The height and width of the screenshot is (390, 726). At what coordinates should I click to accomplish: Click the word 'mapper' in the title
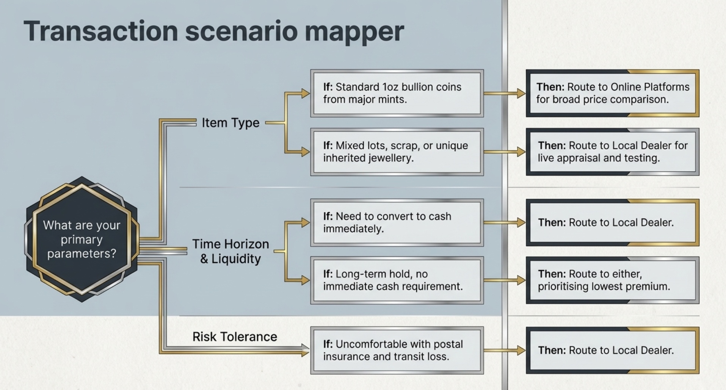[x=354, y=32]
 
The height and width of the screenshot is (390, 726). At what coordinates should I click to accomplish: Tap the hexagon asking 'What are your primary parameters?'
[x=82, y=239]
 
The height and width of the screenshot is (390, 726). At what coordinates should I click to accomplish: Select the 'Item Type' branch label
[x=231, y=123]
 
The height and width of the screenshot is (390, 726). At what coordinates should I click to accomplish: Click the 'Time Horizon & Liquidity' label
[x=231, y=251]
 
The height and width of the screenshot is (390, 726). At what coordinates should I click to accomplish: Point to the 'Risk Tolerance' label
[x=235, y=337]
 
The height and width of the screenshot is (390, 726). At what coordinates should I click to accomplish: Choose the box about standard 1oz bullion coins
[x=397, y=93]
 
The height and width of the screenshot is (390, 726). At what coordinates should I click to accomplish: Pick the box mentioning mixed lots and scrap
[x=397, y=152]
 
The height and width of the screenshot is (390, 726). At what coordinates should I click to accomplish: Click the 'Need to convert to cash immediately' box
[x=397, y=222]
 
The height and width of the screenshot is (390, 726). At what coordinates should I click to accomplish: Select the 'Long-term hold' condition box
[x=397, y=280]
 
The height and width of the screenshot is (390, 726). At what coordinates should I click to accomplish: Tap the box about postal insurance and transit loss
[x=397, y=350]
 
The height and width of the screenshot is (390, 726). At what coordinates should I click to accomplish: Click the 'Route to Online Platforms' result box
[x=612, y=93]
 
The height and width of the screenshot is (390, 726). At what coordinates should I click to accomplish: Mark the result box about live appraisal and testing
[x=612, y=152]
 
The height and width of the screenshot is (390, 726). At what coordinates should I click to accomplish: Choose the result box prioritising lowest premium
[x=612, y=280]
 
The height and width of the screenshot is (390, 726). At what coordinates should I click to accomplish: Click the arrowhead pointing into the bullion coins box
[x=306, y=93]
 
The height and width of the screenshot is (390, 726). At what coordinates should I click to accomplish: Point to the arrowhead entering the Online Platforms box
[x=521, y=93]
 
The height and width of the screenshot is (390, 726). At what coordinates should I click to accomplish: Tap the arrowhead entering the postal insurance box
[x=306, y=350]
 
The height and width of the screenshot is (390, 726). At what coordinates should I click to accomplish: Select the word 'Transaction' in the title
[x=101, y=31]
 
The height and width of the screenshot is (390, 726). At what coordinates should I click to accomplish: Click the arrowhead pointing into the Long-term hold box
[x=306, y=280]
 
